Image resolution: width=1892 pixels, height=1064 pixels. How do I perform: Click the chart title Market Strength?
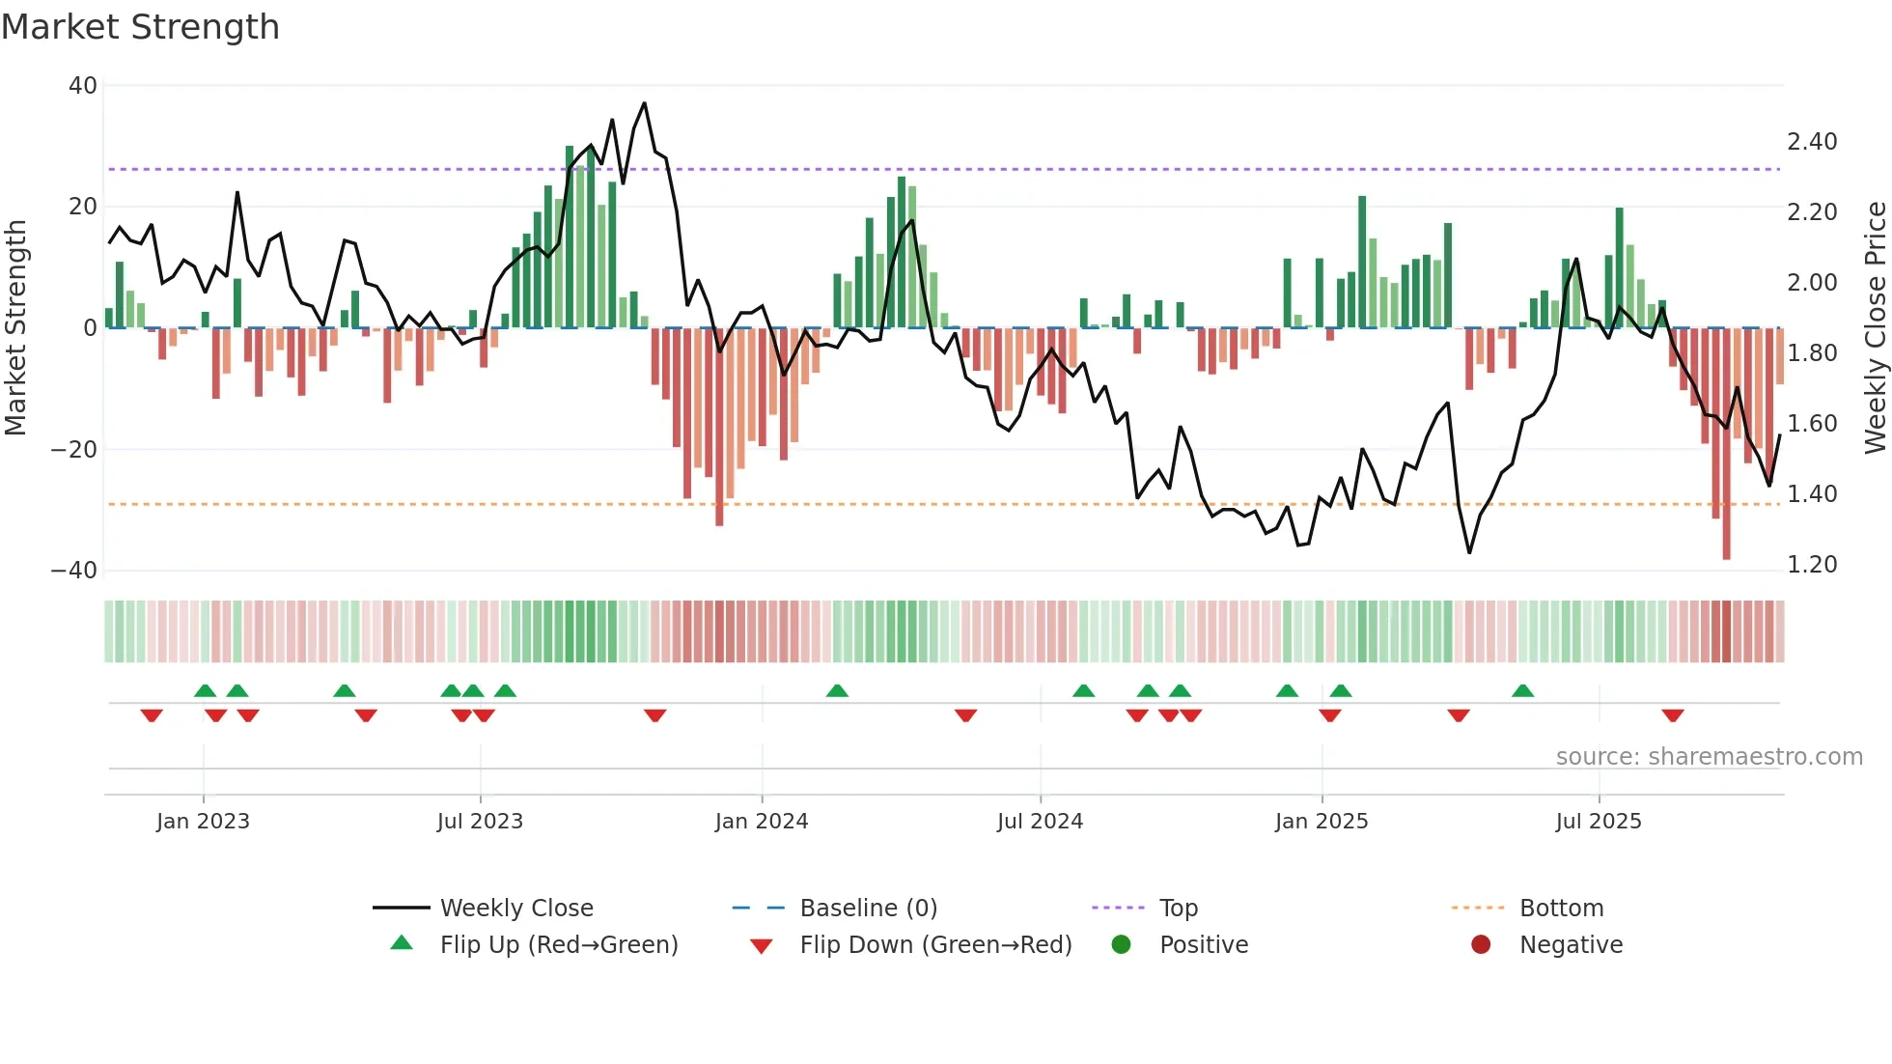pyautogui.click(x=140, y=27)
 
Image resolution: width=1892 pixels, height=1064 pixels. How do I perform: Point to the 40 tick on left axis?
pyautogui.click(x=83, y=86)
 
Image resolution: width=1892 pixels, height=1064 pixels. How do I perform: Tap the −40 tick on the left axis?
pyautogui.click(x=74, y=571)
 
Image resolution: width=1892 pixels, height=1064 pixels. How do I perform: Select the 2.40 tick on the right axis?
pyautogui.click(x=1812, y=142)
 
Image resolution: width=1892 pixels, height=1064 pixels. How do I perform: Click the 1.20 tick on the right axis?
pyautogui.click(x=1812, y=565)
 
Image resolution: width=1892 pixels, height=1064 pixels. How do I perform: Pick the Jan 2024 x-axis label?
pyautogui.click(x=761, y=822)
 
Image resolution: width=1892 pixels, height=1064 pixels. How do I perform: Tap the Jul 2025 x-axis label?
pyautogui.click(x=1598, y=822)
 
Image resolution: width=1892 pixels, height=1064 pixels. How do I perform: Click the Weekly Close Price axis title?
pyautogui.click(x=1875, y=328)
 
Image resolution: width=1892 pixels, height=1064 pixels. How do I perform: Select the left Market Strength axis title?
pyautogui.click(x=15, y=328)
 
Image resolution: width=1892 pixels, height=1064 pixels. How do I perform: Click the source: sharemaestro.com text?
pyautogui.click(x=1709, y=757)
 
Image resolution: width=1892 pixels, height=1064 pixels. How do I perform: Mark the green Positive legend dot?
pyautogui.click(x=1121, y=944)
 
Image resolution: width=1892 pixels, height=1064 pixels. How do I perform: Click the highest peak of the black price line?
pyautogui.click(x=644, y=103)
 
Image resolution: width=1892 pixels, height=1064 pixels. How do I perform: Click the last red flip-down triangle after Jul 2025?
pyautogui.click(x=1673, y=715)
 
